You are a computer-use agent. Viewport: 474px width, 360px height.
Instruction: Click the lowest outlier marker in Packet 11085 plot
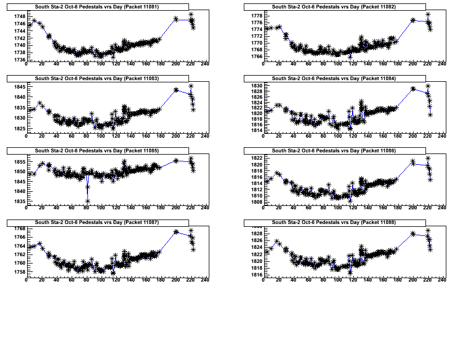click(87, 201)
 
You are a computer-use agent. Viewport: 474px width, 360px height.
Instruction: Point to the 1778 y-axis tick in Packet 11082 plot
click(256, 15)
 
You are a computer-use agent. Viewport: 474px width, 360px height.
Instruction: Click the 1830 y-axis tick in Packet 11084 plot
click(256, 85)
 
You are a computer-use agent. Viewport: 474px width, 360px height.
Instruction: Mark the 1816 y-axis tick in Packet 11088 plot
click(256, 275)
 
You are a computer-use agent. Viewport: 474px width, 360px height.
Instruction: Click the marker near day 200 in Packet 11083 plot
click(175, 90)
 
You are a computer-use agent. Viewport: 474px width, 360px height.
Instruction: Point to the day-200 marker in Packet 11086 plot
click(412, 162)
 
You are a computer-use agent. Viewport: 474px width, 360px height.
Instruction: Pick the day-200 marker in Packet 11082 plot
click(412, 20)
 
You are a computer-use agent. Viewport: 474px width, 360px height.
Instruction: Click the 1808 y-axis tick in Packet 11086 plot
click(256, 201)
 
